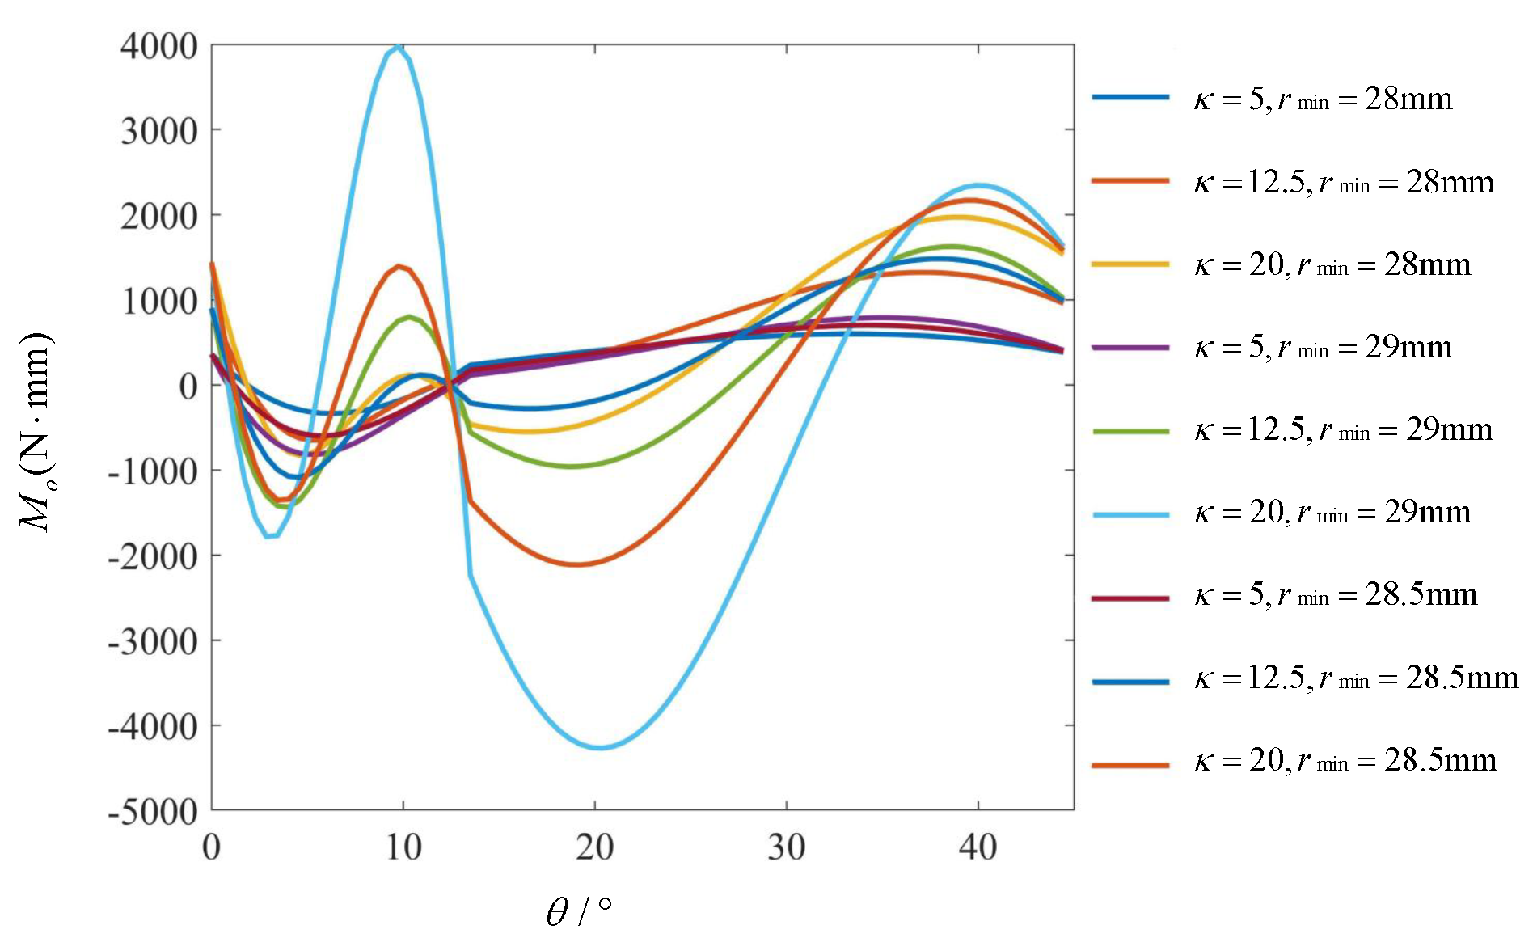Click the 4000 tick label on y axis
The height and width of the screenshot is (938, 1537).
(158, 46)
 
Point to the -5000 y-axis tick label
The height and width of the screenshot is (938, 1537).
(153, 811)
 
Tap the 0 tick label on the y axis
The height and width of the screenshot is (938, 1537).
(188, 387)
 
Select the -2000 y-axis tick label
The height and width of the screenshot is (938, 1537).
(153, 556)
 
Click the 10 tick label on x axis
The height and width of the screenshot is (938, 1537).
(403, 847)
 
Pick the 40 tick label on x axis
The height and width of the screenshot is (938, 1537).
(978, 847)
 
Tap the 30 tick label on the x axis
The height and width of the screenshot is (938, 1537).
(786, 847)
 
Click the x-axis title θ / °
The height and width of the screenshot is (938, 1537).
(579, 911)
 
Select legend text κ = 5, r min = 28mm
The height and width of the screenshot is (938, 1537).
(1323, 99)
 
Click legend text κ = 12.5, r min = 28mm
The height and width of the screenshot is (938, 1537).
(1344, 183)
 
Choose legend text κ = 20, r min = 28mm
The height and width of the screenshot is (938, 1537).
(1332, 265)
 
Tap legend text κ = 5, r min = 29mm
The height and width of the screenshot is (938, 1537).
(1323, 348)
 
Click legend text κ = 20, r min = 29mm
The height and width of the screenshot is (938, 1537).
(1332, 513)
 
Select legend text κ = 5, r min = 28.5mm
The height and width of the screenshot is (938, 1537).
(1336, 595)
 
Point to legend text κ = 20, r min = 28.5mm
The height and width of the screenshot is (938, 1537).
(1345, 761)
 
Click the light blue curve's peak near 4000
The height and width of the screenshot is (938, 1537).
(396, 48)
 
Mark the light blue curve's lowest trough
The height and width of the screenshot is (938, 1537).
(598, 747)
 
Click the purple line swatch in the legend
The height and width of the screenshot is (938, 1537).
(1130, 348)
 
